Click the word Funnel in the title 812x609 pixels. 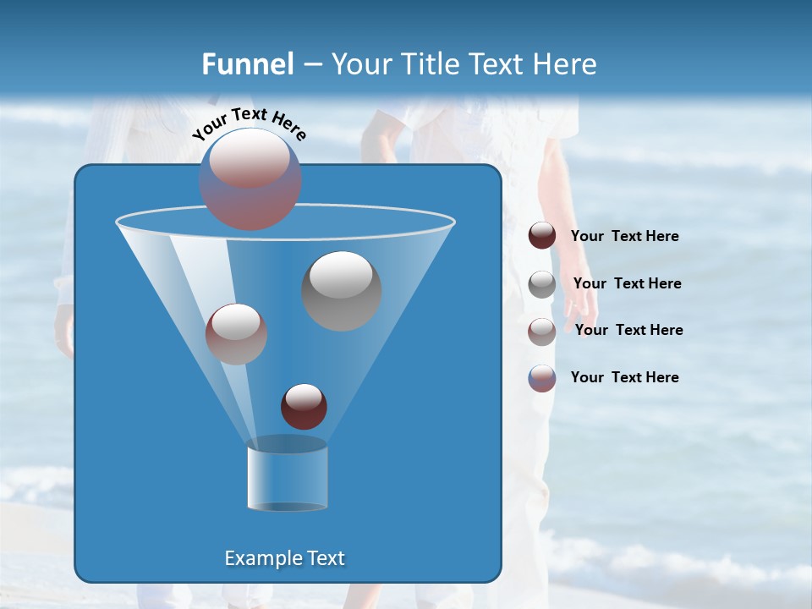click(x=247, y=64)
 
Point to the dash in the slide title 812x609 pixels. click(x=312, y=65)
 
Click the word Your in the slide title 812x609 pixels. click(x=359, y=64)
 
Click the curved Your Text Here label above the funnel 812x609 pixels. click(x=249, y=123)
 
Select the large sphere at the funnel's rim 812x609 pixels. click(x=250, y=178)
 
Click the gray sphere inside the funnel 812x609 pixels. click(x=341, y=290)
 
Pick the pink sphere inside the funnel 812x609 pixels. click(x=236, y=333)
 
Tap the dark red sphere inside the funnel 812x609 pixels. click(x=304, y=406)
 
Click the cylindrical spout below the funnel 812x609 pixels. click(x=287, y=475)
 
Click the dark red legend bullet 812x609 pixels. click(x=542, y=236)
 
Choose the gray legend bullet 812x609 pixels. click(x=542, y=284)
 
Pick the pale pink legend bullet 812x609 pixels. click(x=542, y=331)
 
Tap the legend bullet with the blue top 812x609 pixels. click(x=542, y=378)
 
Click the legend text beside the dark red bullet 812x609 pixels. click(x=624, y=237)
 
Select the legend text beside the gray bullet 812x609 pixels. click(x=627, y=283)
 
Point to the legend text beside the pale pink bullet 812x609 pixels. click(x=628, y=330)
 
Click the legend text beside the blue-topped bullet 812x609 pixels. click(x=624, y=377)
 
